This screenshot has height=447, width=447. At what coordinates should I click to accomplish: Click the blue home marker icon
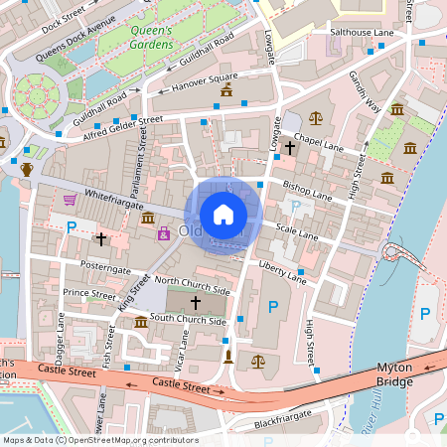pos(223,214)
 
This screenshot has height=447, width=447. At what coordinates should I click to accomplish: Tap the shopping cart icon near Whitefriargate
pos(70,200)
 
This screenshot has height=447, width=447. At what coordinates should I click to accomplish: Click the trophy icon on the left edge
pos(27,169)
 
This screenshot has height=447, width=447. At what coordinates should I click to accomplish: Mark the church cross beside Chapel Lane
pos(290,148)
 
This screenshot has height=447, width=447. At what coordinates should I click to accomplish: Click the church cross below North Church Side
pos(195,301)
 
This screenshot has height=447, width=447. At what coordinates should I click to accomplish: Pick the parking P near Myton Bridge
pos(425,314)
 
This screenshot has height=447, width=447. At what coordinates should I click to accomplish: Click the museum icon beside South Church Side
pos(141,322)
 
